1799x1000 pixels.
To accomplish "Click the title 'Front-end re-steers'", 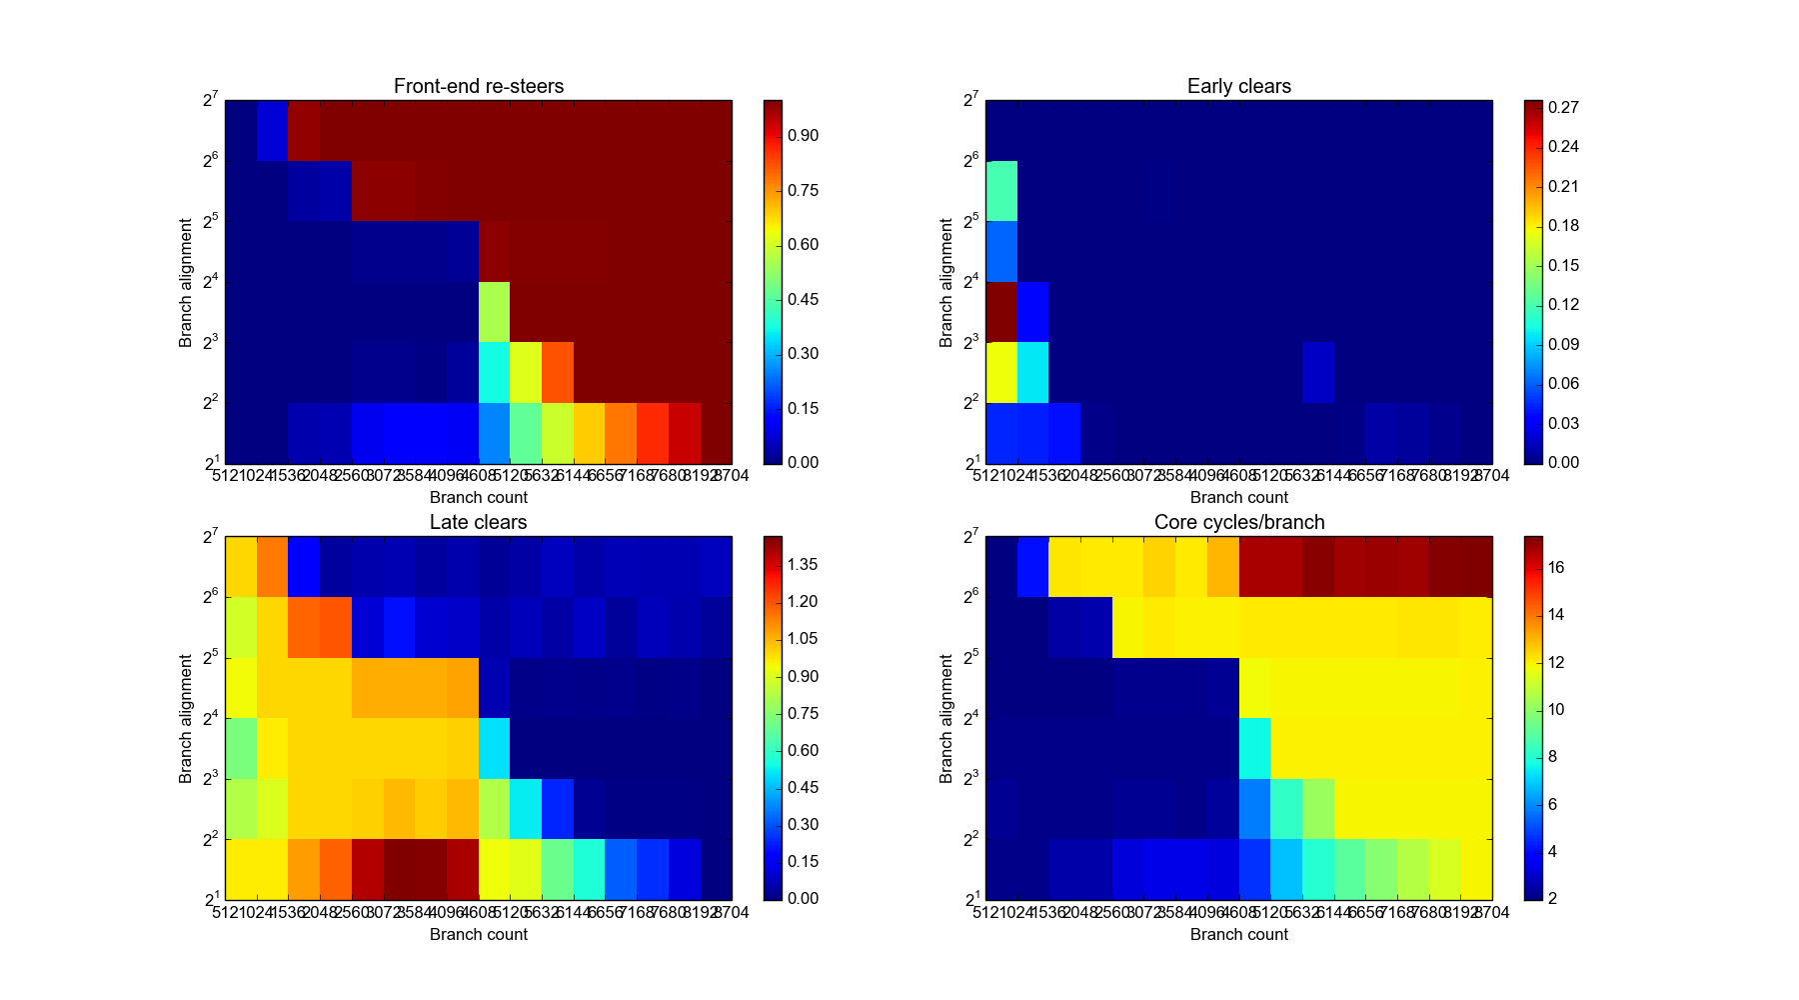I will coord(478,86).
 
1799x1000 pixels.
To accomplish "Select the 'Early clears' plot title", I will coord(1238,86).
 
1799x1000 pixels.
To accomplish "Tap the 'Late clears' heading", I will coord(478,522).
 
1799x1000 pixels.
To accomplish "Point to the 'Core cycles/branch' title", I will coord(1238,522).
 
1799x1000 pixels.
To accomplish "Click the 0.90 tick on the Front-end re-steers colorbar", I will coord(803,136).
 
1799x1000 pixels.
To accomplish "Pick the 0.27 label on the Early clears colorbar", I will coord(1563,107).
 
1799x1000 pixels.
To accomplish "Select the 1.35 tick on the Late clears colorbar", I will coord(803,565).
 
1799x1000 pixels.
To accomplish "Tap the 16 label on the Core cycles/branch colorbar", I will coord(1556,567).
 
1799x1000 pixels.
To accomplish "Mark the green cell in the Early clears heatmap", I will coord(1001,191).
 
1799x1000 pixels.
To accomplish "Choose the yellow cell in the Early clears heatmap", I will coord(1001,372).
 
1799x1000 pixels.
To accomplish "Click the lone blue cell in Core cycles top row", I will coord(1032,566).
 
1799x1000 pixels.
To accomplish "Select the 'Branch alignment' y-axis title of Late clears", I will coord(185,718).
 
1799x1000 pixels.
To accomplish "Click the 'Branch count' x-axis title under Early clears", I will coord(1238,498).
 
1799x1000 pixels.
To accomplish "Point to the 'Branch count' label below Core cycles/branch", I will coord(1238,934).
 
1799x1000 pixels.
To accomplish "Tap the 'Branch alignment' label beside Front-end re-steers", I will coord(185,282).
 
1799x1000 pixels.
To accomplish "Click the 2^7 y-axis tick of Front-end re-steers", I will coord(210,100).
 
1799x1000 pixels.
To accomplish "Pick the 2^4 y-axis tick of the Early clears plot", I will coord(970,282).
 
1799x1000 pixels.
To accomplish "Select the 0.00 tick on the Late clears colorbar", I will coord(803,898).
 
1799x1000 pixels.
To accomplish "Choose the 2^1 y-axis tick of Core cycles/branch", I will coord(970,899).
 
